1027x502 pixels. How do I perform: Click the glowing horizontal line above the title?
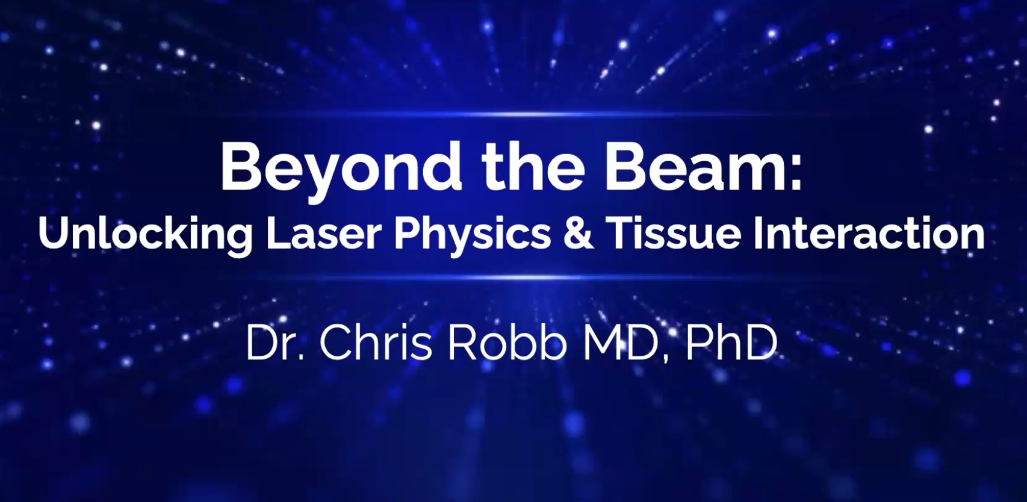click(513, 113)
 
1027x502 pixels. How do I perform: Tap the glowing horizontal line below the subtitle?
click(513, 277)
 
